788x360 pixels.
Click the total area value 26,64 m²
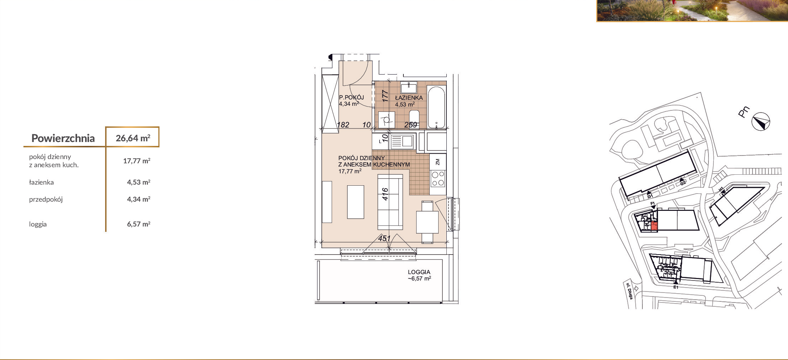pos(133,138)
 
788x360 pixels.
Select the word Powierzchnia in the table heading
pos(63,138)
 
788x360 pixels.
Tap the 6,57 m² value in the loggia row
pos(138,224)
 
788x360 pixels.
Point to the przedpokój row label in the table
pos(46,200)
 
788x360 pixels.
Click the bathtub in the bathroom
pos(436,107)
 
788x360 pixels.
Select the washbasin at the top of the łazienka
pos(409,87)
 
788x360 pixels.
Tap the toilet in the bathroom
pos(414,119)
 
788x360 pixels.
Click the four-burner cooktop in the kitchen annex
pos(438,179)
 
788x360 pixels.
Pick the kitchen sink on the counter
pos(402,142)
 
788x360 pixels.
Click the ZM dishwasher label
pos(438,162)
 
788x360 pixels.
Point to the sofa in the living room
pos(390,202)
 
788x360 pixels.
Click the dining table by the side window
pos(427,222)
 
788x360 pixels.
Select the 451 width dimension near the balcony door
pos(384,238)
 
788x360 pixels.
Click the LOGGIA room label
pos(419,272)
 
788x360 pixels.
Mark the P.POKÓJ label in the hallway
pos(351,97)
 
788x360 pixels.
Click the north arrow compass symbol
pos(761,121)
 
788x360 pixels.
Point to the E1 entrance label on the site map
pos(676,287)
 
